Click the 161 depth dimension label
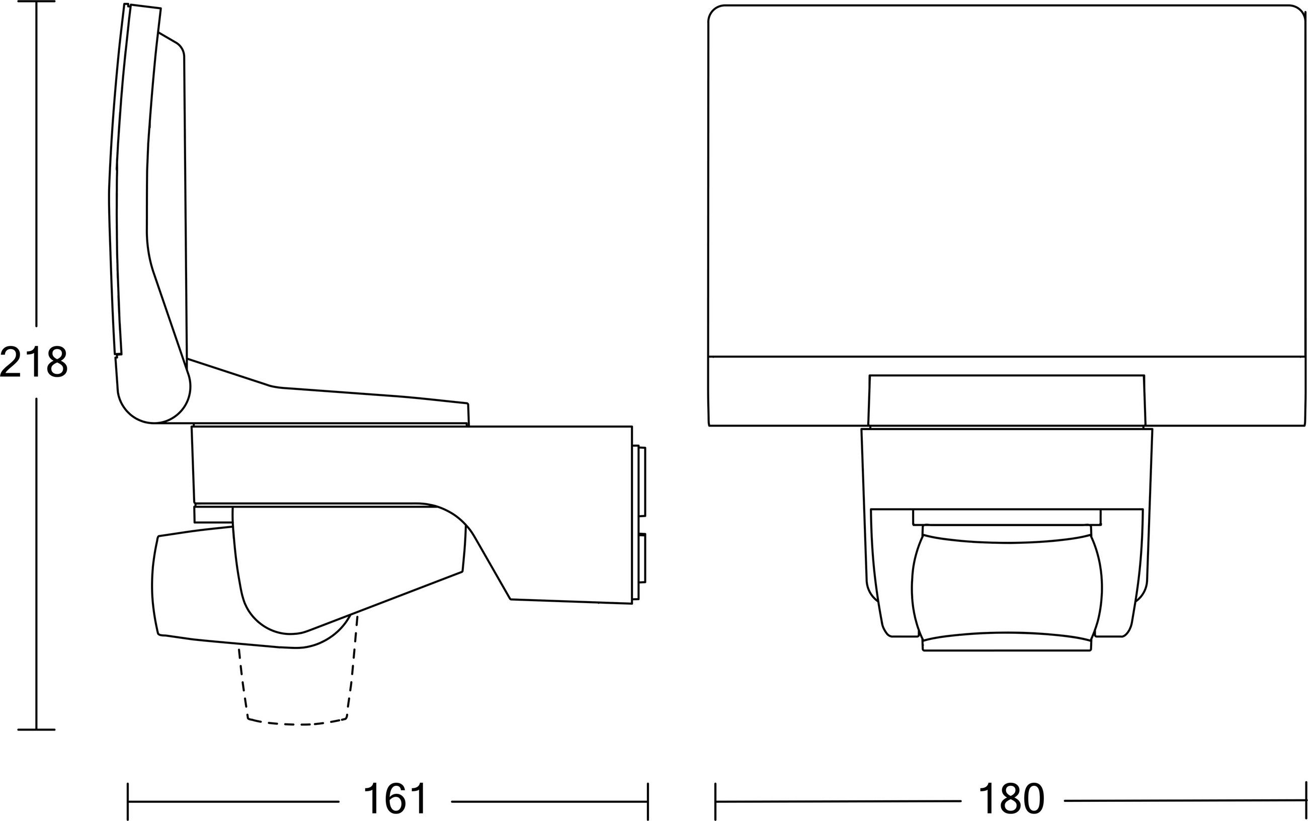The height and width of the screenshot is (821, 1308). pyautogui.click(x=395, y=798)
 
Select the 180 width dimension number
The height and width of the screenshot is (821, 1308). pyautogui.click(x=1011, y=798)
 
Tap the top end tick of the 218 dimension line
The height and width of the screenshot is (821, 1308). pyautogui.click(x=36, y=2)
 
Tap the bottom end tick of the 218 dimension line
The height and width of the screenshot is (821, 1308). pyautogui.click(x=36, y=729)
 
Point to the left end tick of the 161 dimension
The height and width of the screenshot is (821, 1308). pyautogui.click(x=128, y=801)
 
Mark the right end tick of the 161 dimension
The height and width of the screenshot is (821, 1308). pyautogui.click(x=648, y=801)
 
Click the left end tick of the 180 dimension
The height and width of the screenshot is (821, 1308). pyautogui.click(x=715, y=801)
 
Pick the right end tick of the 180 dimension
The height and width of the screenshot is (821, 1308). pyautogui.click(x=1306, y=801)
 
